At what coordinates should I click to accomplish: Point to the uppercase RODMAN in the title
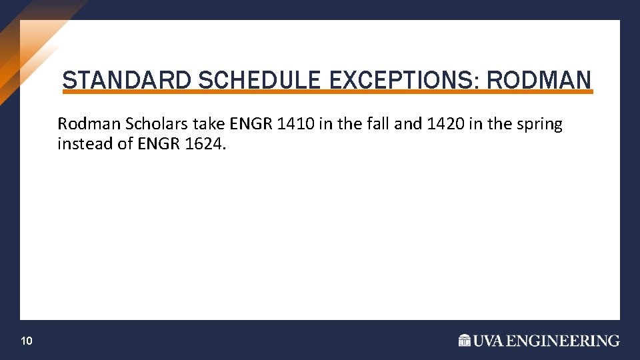tap(539, 81)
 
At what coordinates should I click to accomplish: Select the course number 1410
tap(291, 124)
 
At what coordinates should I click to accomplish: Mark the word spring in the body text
tap(541, 125)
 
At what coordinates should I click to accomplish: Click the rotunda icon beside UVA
tap(465, 341)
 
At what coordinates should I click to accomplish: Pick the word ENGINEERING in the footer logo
tap(563, 341)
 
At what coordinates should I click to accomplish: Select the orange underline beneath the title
tap(327, 92)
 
